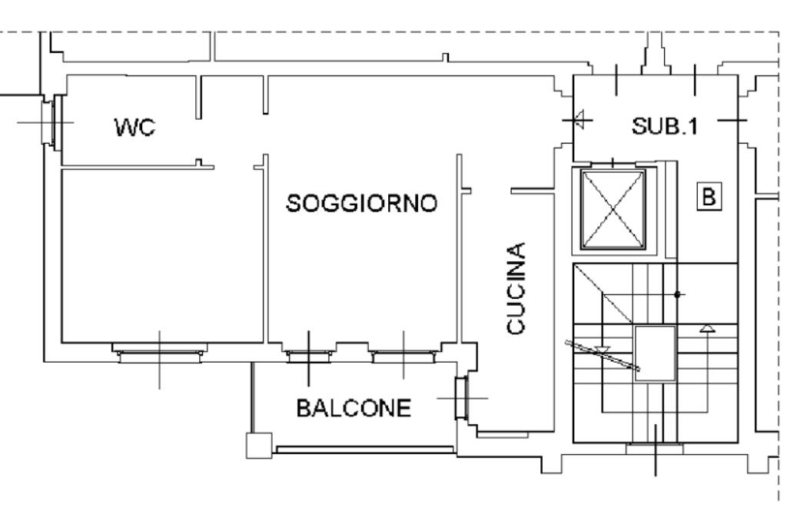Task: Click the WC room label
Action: [x=134, y=128]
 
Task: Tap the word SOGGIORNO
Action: [x=361, y=204]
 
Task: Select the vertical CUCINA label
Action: [x=517, y=288]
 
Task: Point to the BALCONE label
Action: [x=354, y=408]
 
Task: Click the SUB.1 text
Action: [x=666, y=126]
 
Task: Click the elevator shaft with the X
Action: [x=613, y=209]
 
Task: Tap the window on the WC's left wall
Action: [x=49, y=122]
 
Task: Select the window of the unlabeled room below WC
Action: [x=159, y=353]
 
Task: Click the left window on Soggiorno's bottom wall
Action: [x=309, y=354]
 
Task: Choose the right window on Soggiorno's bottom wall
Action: [x=403, y=354]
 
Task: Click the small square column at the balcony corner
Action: [x=258, y=445]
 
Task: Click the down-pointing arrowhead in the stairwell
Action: [x=603, y=350]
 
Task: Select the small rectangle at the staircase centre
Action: [x=656, y=353]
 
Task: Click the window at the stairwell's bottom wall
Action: [x=655, y=447]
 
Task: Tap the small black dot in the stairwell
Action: [x=677, y=294]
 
